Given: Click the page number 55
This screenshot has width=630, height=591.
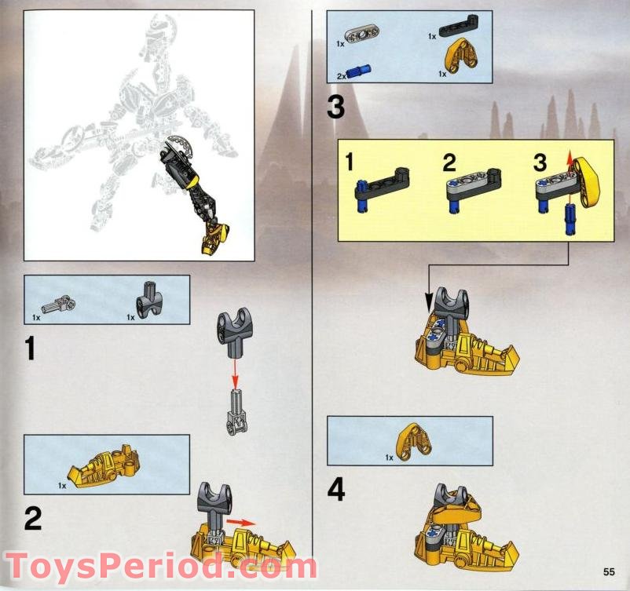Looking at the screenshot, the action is coord(609,571).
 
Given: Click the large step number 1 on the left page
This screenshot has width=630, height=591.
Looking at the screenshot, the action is coord(30,348).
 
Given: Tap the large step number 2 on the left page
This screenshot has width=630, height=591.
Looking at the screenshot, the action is coord(33,518).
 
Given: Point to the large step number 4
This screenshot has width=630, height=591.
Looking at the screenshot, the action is coord(336,491).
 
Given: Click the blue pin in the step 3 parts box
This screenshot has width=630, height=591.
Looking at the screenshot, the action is coord(359,71).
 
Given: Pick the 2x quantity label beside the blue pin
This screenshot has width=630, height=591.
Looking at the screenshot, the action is coord(341,76).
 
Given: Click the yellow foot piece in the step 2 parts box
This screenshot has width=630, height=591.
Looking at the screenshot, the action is coord(104,465).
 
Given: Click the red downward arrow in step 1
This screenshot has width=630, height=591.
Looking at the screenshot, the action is coord(236,374).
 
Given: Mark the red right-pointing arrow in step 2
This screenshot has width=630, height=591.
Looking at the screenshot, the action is coord(240,523).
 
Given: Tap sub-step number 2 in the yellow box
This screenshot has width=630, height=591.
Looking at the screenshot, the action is coord(449,163).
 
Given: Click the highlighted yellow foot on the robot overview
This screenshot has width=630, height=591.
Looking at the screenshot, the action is coord(215,240).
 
